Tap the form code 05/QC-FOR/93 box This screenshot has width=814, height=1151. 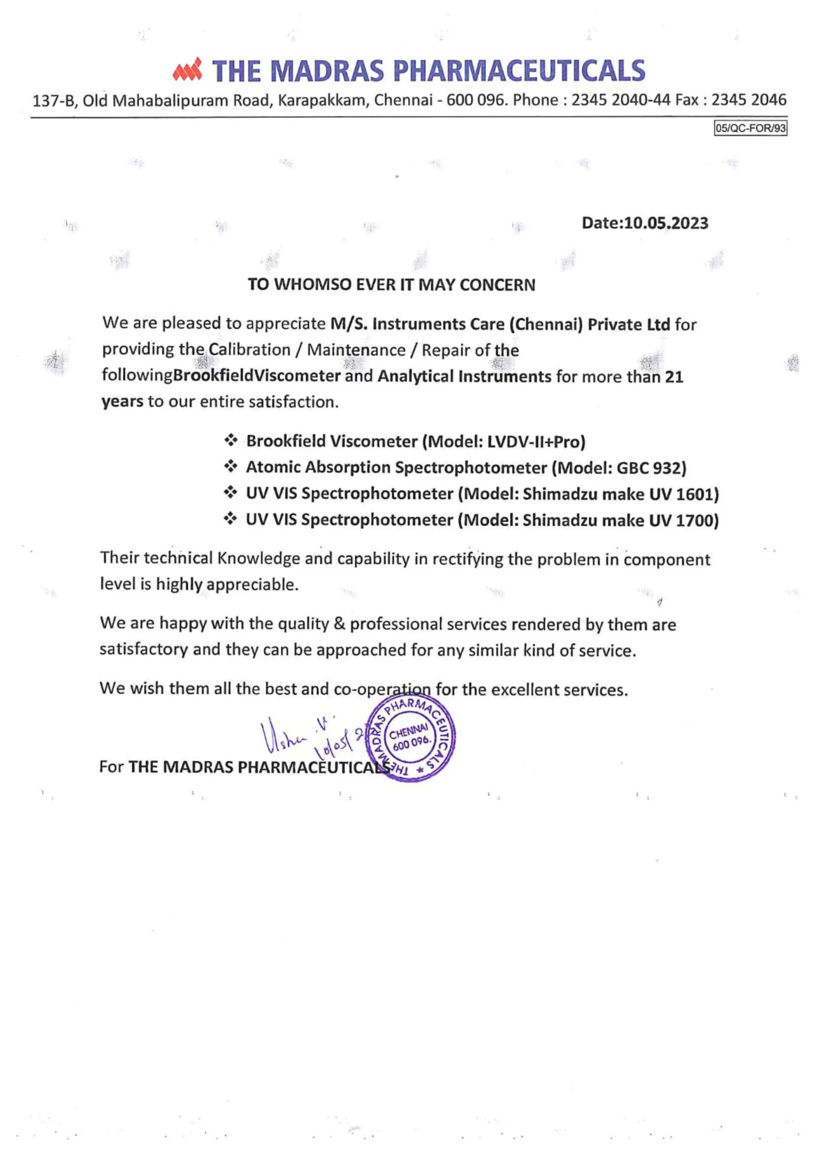[x=750, y=128]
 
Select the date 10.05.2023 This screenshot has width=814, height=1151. [x=666, y=223]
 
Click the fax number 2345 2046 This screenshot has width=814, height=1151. [x=749, y=100]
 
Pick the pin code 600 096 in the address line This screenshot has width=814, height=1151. [x=475, y=100]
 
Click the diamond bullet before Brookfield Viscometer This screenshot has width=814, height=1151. [x=231, y=441]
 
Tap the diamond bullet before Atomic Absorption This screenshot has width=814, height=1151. [x=231, y=467]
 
